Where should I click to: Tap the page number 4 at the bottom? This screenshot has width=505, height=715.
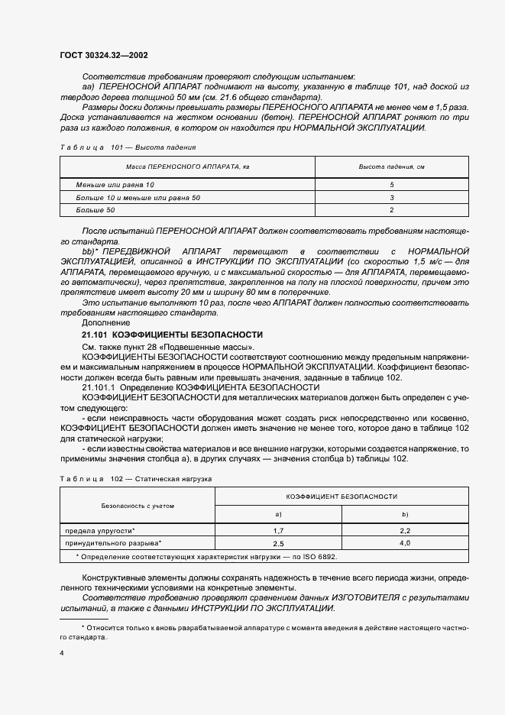61,654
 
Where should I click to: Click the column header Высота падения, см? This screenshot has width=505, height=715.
390,167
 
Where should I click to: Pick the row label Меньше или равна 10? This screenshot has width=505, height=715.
115,186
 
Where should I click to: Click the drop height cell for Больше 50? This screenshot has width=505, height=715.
390,209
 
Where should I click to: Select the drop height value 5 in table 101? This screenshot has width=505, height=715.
390,186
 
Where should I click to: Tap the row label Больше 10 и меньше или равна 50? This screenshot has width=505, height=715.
138,198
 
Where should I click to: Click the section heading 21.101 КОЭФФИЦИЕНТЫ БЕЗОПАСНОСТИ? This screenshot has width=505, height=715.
172,335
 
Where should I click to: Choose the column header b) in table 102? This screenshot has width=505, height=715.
405,515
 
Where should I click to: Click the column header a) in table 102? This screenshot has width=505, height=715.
279,515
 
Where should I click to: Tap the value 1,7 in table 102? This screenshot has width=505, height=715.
279,529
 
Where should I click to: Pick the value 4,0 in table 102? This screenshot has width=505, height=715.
405,543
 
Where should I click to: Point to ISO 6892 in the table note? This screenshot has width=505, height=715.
318,557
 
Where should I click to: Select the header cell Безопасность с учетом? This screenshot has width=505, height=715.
138,506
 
